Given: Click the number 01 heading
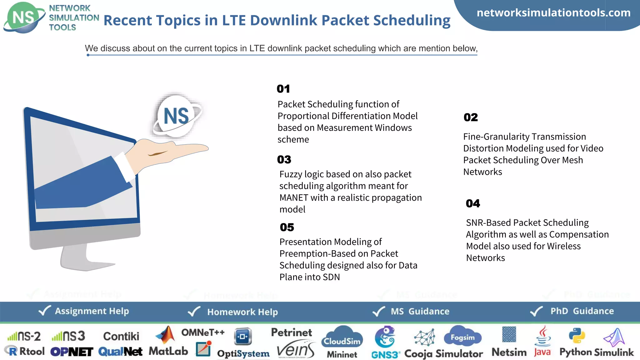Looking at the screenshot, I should tap(283, 89).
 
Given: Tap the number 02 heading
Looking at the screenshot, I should tap(471, 117).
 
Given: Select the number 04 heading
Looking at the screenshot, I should tap(473, 203).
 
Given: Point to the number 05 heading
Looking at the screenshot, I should tap(287, 227).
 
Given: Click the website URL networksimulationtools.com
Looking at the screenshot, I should tap(553, 13).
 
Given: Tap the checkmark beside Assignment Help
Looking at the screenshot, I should tap(44, 311).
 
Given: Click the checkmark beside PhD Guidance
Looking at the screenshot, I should tap(537, 311).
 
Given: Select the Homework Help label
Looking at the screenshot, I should tap(242, 312).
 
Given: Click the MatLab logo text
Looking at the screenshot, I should tap(168, 351).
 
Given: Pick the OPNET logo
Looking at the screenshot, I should tap(72, 352).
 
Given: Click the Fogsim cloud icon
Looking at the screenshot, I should tap(462, 336).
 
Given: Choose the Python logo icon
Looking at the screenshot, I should tap(577, 336).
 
